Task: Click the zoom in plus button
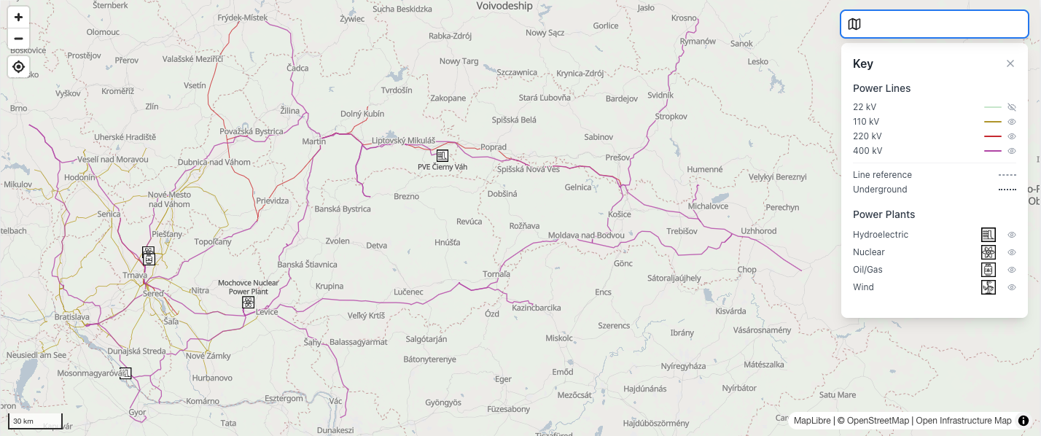point(18,17)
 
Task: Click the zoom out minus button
point(18,39)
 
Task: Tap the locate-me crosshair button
point(18,67)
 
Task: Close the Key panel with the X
point(1010,63)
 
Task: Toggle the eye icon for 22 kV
point(1011,107)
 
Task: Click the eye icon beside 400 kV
point(1011,151)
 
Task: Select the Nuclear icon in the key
point(988,252)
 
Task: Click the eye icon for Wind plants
point(1011,287)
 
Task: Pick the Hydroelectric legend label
point(881,235)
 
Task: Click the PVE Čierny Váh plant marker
point(442,155)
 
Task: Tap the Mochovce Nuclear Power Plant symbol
point(249,302)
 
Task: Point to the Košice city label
point(619,214)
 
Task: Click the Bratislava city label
point(72,317)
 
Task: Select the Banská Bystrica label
point(343,209)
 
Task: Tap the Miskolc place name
point(559,338)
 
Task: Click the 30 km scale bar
point(35,421)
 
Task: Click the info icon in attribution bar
point(1024,421)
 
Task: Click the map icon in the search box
point(854,24)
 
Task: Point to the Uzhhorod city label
point(758,231)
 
